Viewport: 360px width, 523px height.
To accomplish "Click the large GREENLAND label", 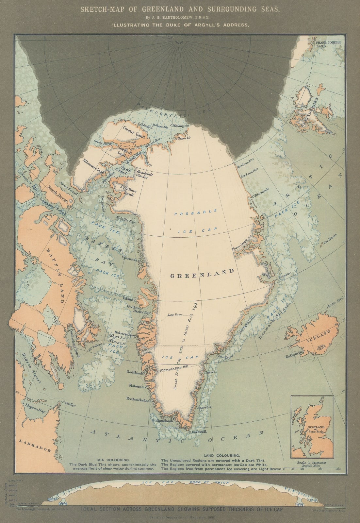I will pos(202,271).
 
